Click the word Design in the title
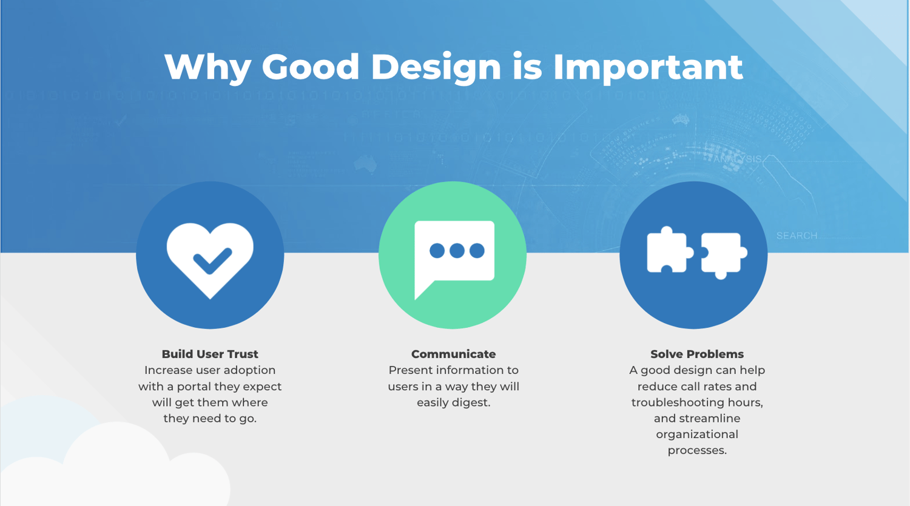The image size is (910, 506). [436, 67]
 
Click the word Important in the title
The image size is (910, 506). [647, 67]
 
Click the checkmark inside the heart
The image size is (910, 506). [212, 261]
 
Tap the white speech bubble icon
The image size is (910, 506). [454, 255]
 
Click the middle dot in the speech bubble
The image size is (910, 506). [457, 251]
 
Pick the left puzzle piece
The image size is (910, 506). [668, 250]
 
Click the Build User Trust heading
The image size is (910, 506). [210, 354]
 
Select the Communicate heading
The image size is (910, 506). [453, 354]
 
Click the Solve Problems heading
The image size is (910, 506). [696, 354]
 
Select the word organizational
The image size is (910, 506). [696, 434]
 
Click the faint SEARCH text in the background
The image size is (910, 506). [797, 236]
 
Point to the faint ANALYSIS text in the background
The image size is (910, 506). [736, 159]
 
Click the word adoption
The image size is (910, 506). [250, 370]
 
